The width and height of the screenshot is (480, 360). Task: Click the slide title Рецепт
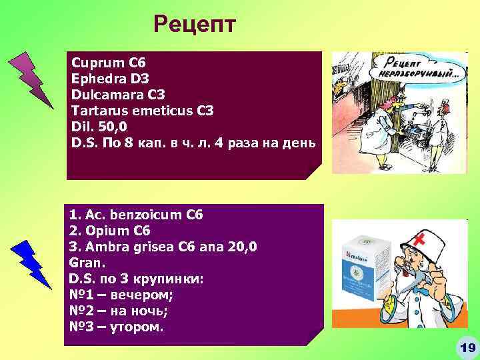194,25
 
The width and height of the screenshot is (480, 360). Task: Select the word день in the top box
297,143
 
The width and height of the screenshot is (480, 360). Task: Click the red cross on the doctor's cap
419,239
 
